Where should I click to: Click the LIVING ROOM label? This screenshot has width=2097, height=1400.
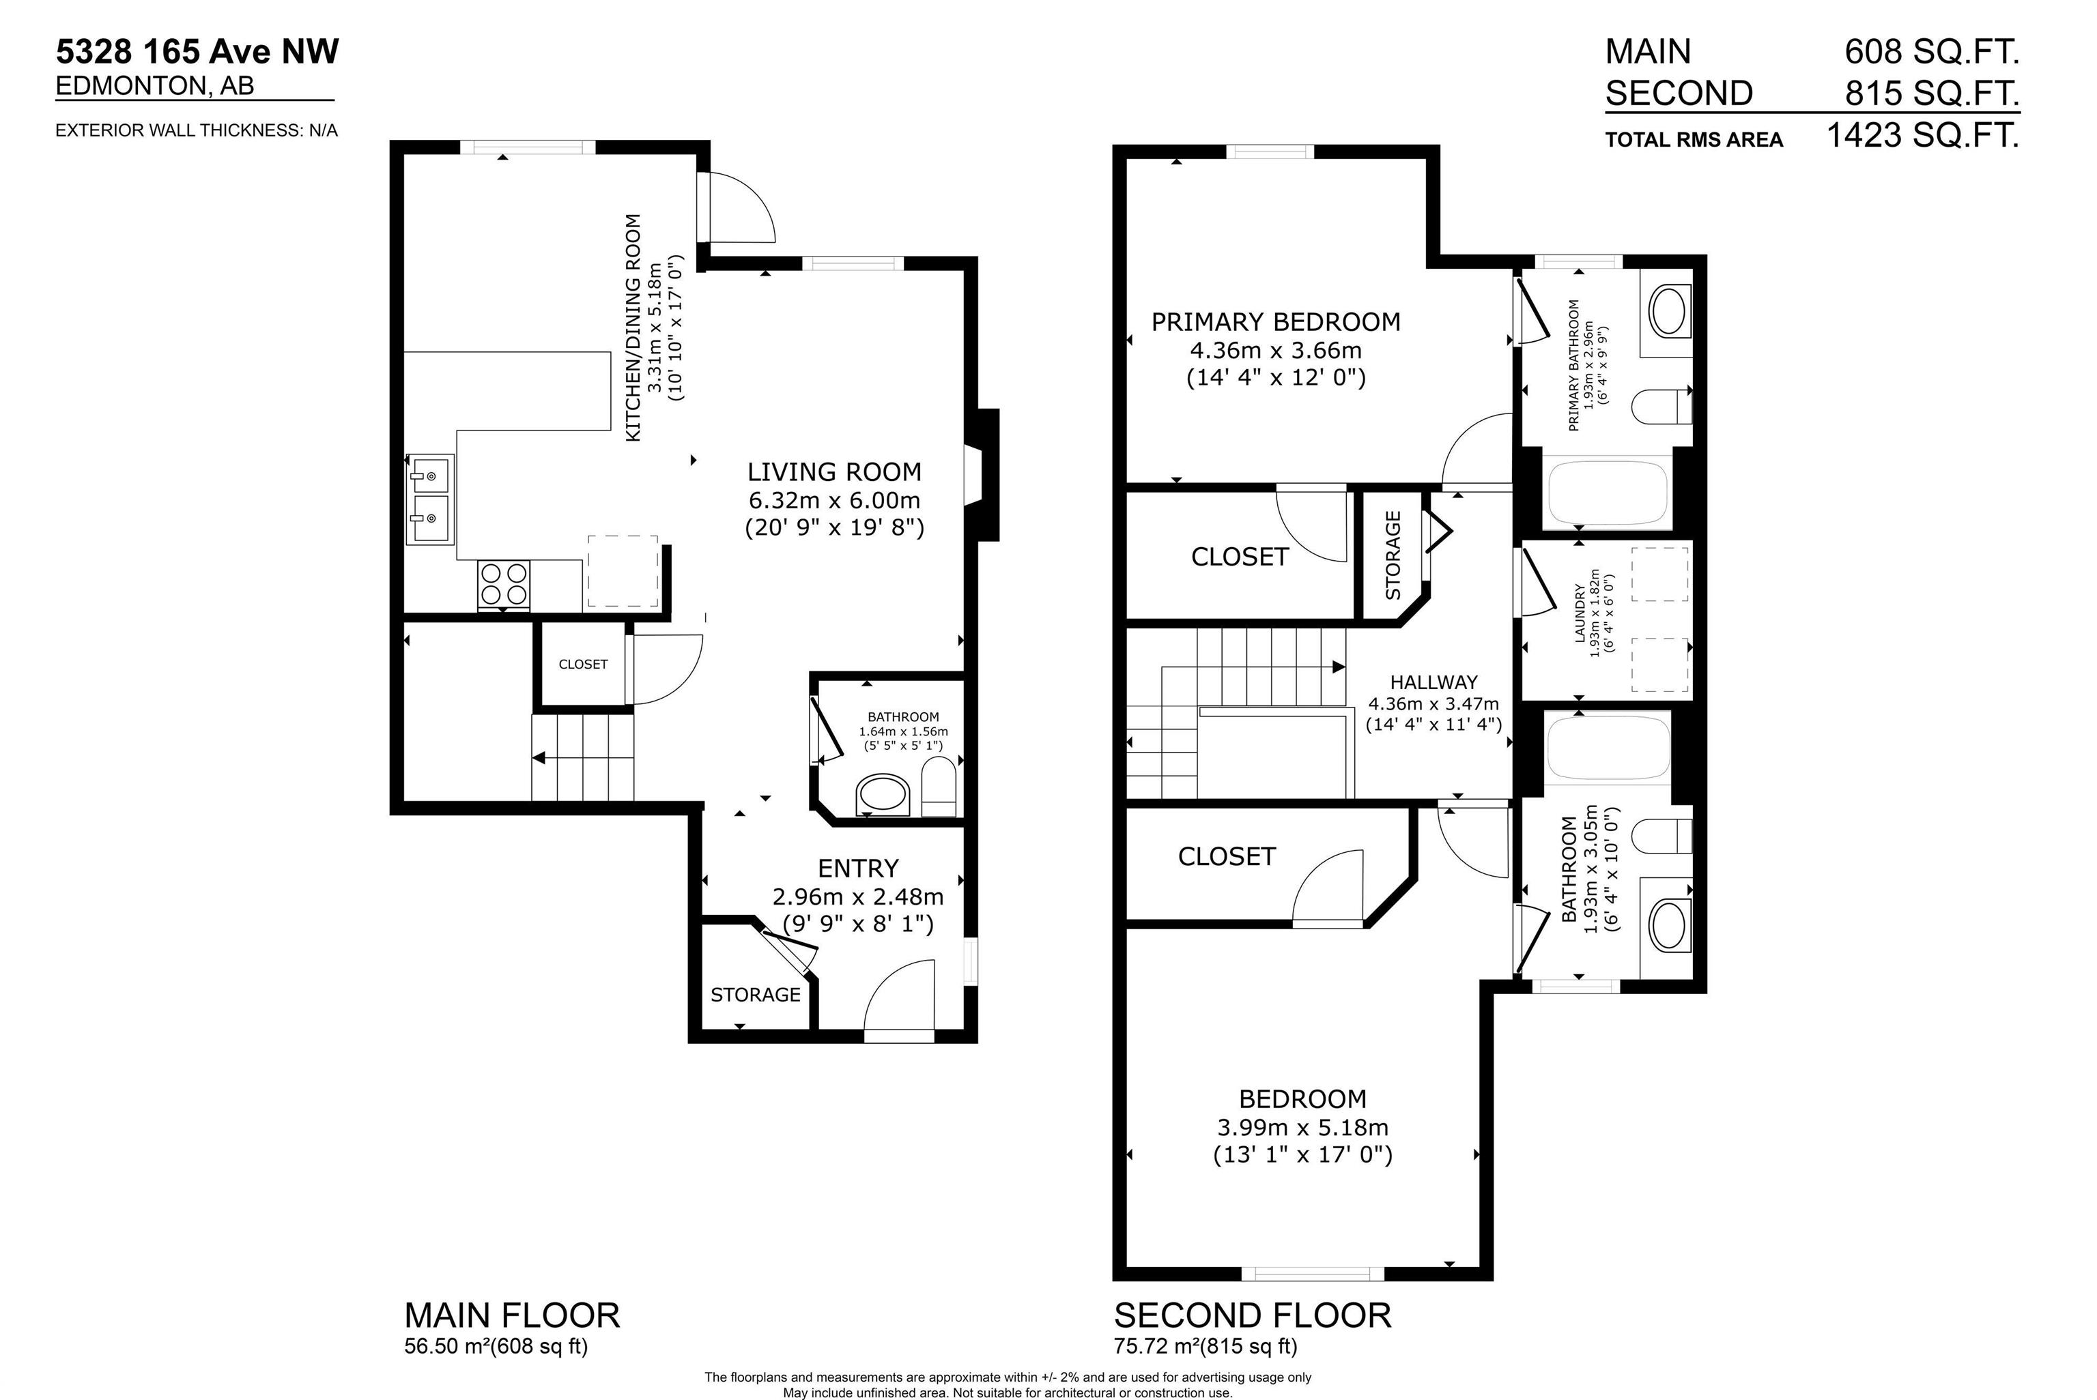(834, 471)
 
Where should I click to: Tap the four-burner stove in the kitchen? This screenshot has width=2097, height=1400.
(504, 585)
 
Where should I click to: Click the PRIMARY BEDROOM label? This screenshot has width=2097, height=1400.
(1275, 321)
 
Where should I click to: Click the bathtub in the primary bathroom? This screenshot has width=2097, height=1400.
(1608, 492)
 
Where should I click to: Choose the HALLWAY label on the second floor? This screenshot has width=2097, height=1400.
(1433, 682)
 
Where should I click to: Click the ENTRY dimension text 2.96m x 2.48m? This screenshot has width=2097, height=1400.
(857, 896)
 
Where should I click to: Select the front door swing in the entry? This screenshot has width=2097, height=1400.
(898, 995)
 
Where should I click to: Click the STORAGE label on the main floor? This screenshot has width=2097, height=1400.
(756, 995)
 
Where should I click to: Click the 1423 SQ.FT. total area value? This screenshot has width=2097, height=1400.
(1923, 136)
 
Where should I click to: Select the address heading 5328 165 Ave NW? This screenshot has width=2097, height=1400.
(197, 52)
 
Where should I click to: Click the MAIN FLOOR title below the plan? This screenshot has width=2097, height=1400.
(512, 1315)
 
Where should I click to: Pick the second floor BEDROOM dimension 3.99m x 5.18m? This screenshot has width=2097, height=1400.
(1302, 1127)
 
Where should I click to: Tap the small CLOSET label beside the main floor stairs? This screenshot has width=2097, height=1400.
(583, 665)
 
